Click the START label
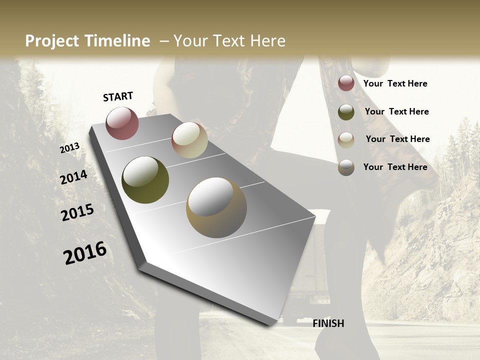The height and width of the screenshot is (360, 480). click(118, 96)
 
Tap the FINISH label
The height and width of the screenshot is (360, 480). click(328, 323)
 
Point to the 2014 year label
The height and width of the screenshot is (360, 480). click(73, 177)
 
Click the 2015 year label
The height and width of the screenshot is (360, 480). click(77, 212)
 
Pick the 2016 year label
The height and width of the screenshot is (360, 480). click(85, 252)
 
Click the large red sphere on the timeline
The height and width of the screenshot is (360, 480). click(122, 123)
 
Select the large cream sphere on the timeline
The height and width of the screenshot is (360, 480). click(189, 140)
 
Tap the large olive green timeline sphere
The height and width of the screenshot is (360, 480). click(145, 180)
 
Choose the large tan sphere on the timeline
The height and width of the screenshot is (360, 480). click(216, 207)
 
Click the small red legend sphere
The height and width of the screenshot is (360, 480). click(346, 83)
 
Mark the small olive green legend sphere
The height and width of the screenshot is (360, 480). click(346, 112)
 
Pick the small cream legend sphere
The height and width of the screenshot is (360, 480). click(346, 139)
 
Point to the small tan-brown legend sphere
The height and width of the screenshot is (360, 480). click(346, 167)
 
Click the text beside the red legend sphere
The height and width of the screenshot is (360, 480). click(395, 83)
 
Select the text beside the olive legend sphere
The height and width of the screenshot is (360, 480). click(396, 111)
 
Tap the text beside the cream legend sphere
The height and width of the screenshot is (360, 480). click(397, 139)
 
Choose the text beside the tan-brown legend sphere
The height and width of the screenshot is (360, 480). click(395, 167)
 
